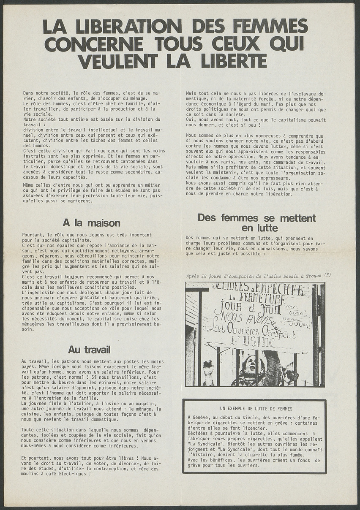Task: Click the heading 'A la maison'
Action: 91,222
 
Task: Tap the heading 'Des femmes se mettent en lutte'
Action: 256,223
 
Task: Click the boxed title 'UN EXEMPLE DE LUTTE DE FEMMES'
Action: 256,409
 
